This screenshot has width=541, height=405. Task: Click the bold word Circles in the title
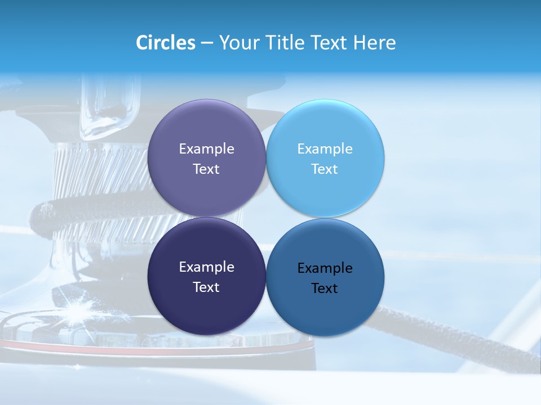(x=165, y=43)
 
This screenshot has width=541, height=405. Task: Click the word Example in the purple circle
(x=206, y=149)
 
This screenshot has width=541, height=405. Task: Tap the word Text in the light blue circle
(x=325, y=169)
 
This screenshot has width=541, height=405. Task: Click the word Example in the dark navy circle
(x=206, y=267)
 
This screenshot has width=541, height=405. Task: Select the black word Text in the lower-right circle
(x=325, y=289)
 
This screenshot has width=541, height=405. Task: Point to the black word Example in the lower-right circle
(x=325, y=268)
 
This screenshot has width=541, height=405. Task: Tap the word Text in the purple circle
(x=206, y=169)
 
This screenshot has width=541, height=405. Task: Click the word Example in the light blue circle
(x=325, y=149)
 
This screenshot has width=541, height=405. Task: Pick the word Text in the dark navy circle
(x=206, y=287)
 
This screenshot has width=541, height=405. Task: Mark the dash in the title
(x=207, y=43)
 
